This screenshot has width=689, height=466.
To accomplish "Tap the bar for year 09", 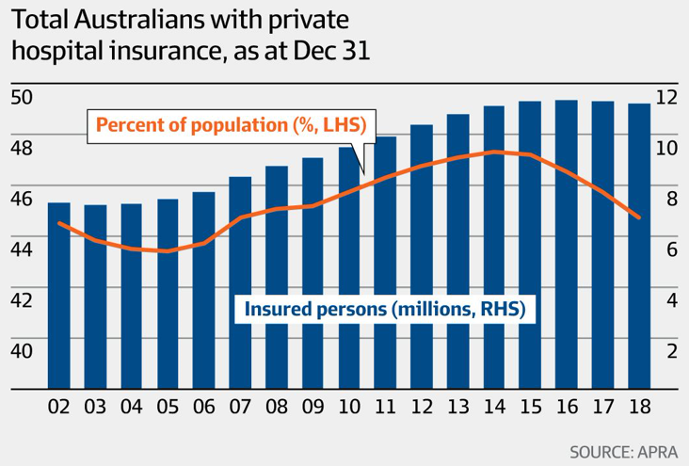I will coord(313,273).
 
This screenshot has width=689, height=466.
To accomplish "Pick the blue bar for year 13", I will coord(458,254).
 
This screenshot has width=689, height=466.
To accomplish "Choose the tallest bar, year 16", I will coord(567,245).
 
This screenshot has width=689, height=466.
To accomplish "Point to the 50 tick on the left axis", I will coord(22,96).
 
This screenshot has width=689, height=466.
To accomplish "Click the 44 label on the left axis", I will coord(22,249).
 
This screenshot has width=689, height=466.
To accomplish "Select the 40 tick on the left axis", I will coord(22,350).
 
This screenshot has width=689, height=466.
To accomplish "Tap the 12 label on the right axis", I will coord(666,96).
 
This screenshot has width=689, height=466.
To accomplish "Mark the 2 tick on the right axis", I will coord(671,350).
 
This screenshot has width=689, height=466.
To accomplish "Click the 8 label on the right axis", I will coord(671,198).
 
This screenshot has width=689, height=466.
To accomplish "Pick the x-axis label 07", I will coord(240,410).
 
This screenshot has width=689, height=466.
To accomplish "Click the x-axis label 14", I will coord(494,410).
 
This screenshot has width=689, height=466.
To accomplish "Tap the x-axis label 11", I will coord(385,410).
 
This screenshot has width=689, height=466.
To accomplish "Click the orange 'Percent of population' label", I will coord(230,124).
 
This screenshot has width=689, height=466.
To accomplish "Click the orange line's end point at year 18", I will coord(639,217).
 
